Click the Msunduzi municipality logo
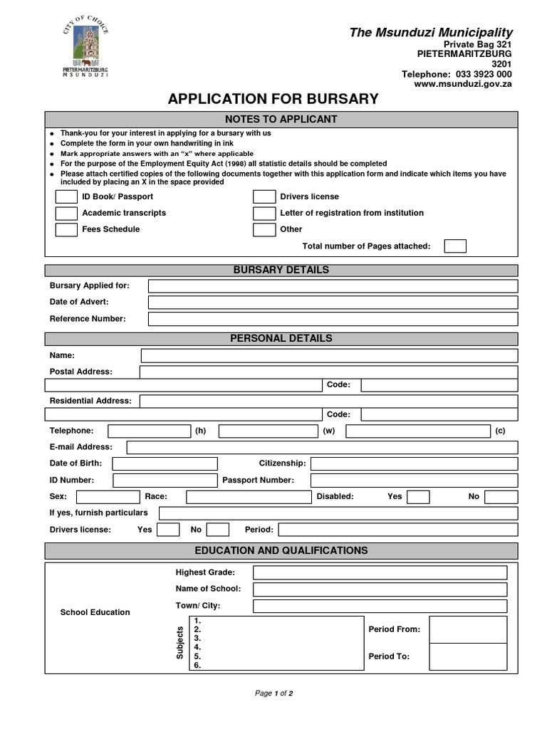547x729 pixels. (85, 48)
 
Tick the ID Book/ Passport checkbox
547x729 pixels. (66, 197)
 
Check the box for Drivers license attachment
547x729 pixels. (264, 197)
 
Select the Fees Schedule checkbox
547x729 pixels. (66, 230)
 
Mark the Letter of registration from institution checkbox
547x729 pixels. (264, 214)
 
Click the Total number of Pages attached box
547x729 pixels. (455, 246)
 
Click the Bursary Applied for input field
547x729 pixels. (333, 286)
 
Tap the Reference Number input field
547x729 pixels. (333, 319)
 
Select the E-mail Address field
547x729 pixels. (322, 447)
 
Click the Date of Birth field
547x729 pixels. (165, 463)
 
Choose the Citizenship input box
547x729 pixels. (414, 463)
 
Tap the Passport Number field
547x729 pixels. (414, 481)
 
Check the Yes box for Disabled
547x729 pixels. (418, 497)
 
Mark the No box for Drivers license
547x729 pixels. (218, 530)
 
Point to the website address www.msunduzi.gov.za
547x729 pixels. (463, 84)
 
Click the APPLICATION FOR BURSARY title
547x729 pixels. (273, 99)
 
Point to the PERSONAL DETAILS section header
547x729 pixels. (281, 339)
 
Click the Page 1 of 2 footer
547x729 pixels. (274, 693)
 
